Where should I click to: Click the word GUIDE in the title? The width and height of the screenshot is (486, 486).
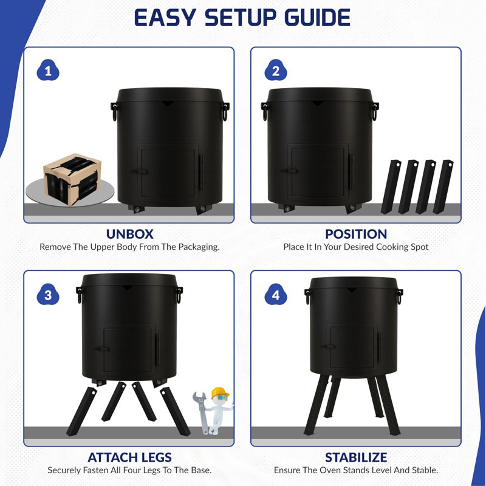pos(318,18)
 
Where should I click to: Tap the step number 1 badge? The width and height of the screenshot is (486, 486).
pos(48,70)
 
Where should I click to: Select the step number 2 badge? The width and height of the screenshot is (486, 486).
pos(276,70)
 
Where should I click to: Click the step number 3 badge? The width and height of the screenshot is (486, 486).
pos(48,294)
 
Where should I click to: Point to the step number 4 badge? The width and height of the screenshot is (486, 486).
pos(276,294)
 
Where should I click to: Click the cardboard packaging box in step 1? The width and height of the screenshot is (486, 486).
pos(72,179)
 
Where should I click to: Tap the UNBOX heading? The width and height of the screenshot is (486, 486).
pos(129,234)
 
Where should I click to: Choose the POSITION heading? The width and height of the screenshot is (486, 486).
pos(356,234)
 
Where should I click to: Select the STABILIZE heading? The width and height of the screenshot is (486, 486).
pos(356,457)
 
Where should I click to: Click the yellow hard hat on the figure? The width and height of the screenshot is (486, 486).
pos(220,393)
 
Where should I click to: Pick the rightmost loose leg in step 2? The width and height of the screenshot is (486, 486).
pos(443,187)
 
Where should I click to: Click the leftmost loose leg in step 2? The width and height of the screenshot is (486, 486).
pos(391,187)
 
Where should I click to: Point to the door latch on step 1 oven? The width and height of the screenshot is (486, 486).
pos(139,171)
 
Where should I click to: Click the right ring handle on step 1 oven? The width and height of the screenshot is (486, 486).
pos(225,111)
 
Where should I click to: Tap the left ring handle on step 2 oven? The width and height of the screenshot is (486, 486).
pos(265,111)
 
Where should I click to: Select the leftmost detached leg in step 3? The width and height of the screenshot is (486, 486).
pos(81,412)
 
